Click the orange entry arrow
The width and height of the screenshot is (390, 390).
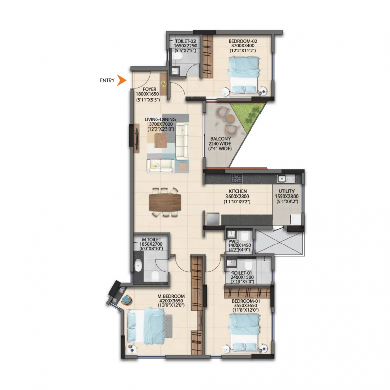click(x=121, y=80)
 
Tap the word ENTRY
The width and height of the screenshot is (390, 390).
click(x=107, y=80)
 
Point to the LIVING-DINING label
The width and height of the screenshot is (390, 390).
click(x=160, y=119)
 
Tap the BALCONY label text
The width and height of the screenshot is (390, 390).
click(x=221, y=139)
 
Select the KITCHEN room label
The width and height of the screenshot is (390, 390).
click(x=237, y=191)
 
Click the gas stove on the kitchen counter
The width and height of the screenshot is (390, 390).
click(x=236, y=178)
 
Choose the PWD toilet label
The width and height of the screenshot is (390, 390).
click(x=233, y=241)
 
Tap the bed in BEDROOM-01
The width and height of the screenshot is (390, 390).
click(x=245, y=330)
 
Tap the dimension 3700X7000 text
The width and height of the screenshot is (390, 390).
click(x=160, y=125)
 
